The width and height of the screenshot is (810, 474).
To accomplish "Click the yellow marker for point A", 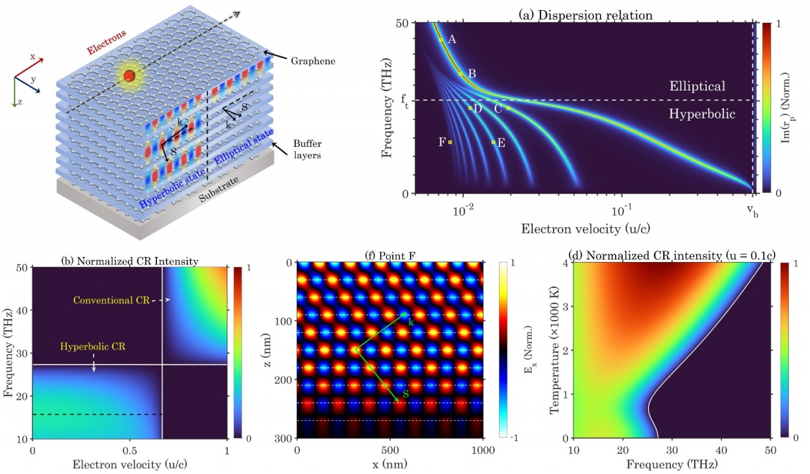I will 441,40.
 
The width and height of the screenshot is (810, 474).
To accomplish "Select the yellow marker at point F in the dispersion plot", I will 450,142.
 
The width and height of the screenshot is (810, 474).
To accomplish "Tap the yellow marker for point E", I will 494,142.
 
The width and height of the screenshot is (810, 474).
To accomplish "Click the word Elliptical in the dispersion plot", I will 697,86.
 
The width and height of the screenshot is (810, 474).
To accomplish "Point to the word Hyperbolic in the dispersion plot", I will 702,115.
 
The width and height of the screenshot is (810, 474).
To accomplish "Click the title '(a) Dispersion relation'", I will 587,15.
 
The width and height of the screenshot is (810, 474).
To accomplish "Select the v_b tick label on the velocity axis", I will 752,210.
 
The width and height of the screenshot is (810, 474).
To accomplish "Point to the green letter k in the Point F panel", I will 411,323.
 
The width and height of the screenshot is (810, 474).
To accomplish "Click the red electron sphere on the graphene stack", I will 130,77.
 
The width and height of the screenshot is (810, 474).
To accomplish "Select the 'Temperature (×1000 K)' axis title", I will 555,349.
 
